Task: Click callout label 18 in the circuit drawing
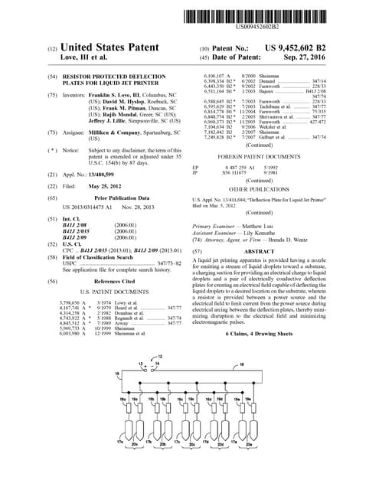click(242, 364)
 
